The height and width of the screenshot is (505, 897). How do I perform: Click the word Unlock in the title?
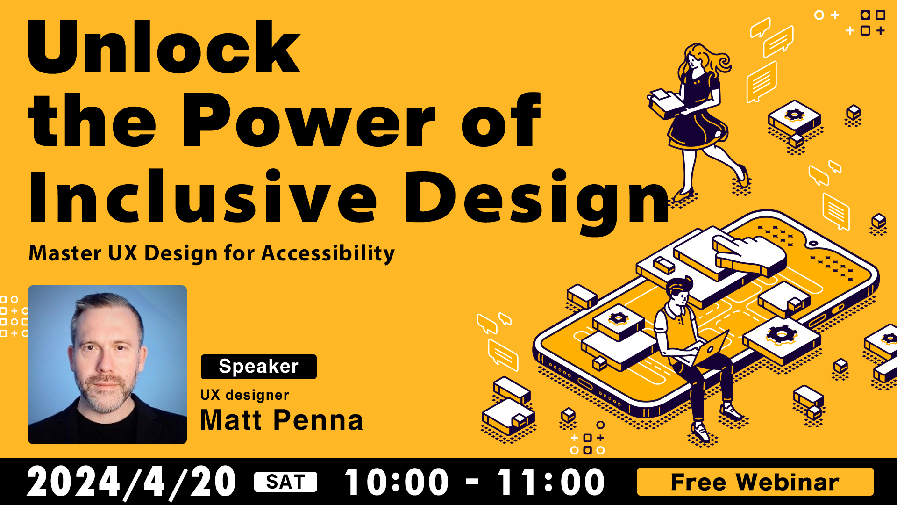164,47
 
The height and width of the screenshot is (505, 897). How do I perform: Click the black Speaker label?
258,367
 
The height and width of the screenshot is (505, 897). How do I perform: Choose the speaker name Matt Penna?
281,419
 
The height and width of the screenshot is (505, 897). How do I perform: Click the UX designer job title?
244,395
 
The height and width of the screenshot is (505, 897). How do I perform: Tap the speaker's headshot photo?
107,365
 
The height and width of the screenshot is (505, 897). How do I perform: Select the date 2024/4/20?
131,482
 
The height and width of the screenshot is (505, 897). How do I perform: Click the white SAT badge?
285,482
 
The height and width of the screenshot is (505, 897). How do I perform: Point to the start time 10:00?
397,482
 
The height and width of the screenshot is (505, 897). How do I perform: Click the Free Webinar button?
755,482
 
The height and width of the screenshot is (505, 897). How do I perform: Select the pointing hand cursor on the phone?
747,255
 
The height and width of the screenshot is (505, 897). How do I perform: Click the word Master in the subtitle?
65,253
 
